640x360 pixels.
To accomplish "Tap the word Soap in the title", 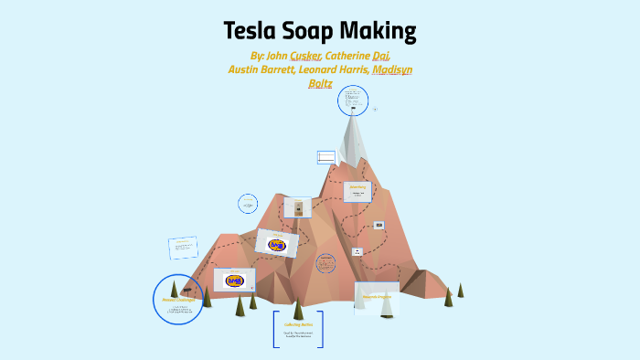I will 313,32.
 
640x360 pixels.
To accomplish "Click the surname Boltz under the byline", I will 320,83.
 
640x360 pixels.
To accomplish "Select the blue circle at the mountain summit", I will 352,101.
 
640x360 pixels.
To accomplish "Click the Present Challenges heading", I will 166,300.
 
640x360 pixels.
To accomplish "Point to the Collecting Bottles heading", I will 298,324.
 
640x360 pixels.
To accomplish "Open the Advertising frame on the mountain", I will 357,191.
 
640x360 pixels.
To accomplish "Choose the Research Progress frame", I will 376,297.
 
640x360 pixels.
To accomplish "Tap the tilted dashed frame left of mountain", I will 183,247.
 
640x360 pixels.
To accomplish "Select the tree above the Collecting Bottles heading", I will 298,309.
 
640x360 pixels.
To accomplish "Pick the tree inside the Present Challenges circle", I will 173,289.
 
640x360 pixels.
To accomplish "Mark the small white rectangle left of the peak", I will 325,157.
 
